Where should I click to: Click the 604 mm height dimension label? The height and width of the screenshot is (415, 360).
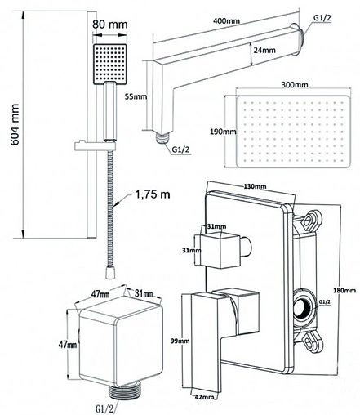15,124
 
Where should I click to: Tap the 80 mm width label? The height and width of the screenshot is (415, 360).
109,25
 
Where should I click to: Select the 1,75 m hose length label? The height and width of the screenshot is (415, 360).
153,194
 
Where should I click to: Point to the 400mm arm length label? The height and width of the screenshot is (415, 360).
226,20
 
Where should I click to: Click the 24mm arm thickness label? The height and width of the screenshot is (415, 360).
264,50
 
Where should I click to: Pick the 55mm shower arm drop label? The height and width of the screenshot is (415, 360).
136,96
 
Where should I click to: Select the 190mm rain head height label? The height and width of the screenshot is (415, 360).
223,132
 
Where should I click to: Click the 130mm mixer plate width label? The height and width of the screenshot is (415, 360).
255,186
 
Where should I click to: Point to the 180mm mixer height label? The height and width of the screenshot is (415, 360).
344,291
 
